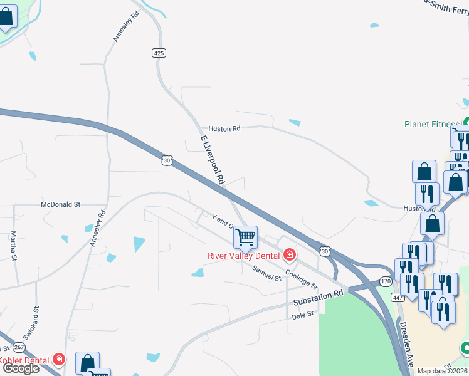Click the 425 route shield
(159, 53)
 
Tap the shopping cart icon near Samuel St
(245, 237)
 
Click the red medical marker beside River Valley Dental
(290, 254)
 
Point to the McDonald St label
(61, 204)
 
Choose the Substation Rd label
(319, 299)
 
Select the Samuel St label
(267, 273)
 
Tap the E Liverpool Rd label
(213, 159)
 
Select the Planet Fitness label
(432, 124)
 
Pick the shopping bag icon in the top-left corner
(6, 17)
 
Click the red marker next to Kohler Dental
(59, 359)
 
